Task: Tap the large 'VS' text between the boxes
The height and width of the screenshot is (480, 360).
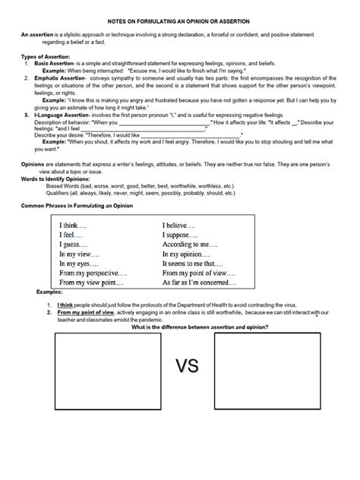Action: point(187,368)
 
